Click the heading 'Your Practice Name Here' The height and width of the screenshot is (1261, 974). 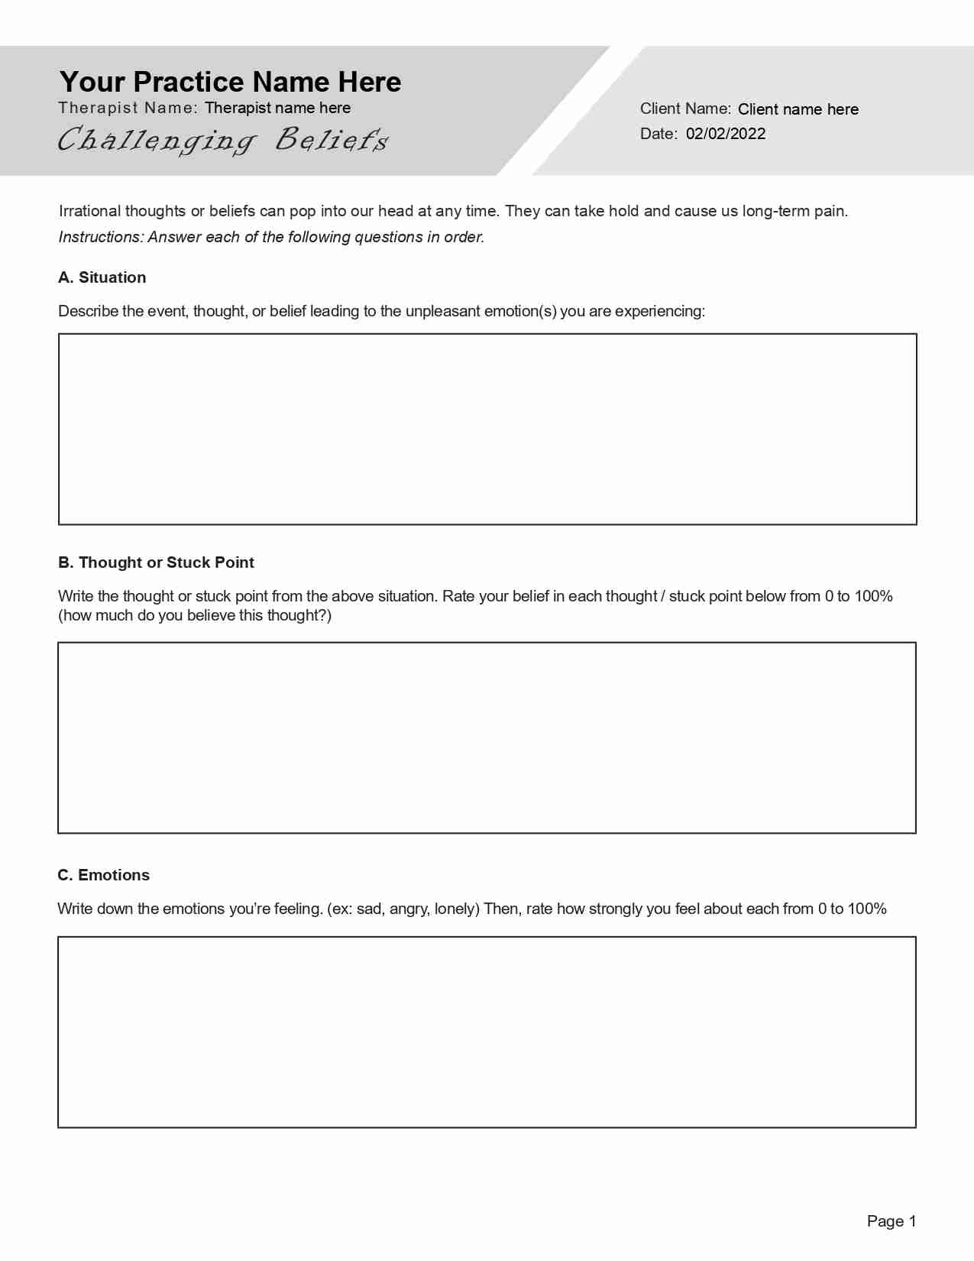(x=230, y=82)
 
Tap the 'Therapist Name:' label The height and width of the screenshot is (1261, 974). (x=128, y=108)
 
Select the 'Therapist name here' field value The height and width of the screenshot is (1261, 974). (x=277, y=108)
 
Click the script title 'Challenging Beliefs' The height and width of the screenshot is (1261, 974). (x=223, y=140)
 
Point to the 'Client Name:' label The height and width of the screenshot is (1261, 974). (x=685, y=109)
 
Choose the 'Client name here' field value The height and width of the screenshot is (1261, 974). (x=798, y=109)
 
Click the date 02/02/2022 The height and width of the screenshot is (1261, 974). (x=725, y=134)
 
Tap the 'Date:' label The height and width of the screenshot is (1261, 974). (x=659, y=134)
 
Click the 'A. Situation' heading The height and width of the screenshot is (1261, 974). (x=102, y=277)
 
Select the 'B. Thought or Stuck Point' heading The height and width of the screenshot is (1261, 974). (x=156, y=562)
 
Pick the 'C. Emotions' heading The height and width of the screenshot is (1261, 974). (x=103, y=875)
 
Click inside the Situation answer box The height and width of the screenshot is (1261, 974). (x=487, y=429)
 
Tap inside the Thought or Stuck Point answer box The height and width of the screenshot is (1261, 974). (x=487, y=737)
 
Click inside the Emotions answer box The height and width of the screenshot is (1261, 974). (x=487, y=1032)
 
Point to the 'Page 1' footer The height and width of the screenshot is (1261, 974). (x=891, y=1221)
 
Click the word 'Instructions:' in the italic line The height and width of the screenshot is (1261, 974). (x=101, y=237)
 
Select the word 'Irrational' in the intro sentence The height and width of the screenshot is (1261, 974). (x=89, y=211)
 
